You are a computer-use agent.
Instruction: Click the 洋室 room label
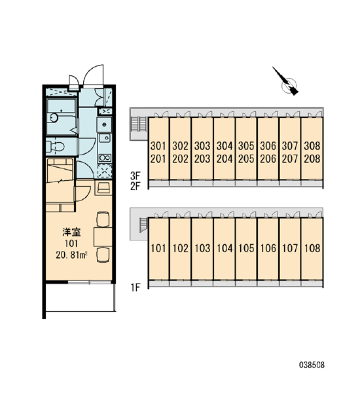tap(71, 232)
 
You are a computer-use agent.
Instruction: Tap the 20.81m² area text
tap(71, 255)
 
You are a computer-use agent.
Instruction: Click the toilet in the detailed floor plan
tap(56, 146)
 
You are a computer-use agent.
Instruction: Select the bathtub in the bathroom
tap(62, 117)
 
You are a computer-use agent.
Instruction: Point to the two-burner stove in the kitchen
tap(105, 158)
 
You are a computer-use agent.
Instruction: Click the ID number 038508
tap(312, 365)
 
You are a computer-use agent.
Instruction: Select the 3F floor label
tap(135, 176)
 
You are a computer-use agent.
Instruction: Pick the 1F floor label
tap(135, 288)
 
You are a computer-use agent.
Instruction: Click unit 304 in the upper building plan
tap(225, 145)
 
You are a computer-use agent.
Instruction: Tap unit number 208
tap(312, 159)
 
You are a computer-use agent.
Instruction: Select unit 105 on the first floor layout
tap(246, 248)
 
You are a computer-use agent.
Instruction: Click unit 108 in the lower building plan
tap(312, 248)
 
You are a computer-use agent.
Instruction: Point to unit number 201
tap(158, 159)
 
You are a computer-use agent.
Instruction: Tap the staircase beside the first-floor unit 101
tap(143, 225)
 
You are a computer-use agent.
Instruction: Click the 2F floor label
tap(135, 186)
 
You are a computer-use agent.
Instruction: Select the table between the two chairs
tap(103, 236)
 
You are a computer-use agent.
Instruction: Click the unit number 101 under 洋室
tap(71, 244)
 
